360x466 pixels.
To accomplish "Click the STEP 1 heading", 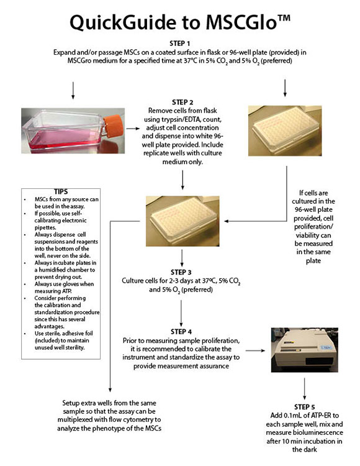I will [x=180, y=43].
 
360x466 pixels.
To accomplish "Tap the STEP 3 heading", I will [x=181, y=272].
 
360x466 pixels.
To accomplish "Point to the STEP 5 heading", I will [x=305, y=406].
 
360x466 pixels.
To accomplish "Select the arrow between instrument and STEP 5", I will [x=304, y=388].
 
